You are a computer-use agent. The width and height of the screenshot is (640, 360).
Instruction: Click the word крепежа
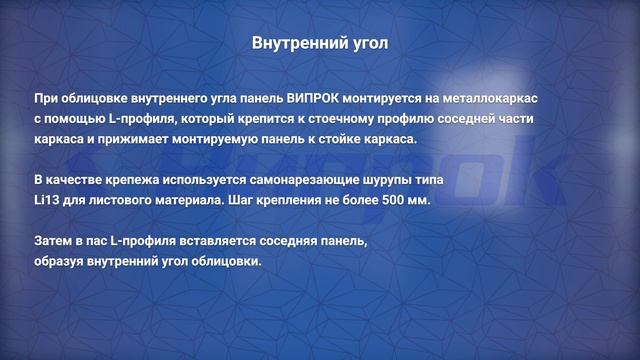(133, 179)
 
